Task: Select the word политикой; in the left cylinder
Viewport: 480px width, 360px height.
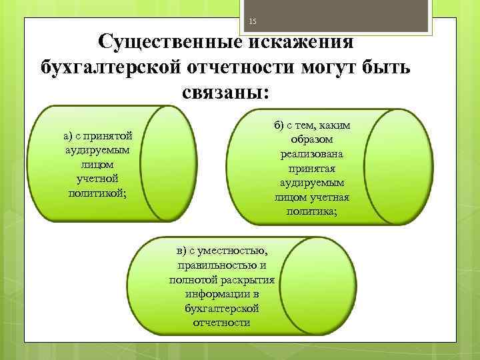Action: coord(97,193)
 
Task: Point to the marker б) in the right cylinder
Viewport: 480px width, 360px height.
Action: coord(279,125)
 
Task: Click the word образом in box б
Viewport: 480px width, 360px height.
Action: coord(311,140)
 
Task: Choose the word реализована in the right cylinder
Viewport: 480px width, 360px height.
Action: coord(311,154)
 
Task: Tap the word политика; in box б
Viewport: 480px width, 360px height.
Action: coord(311,212)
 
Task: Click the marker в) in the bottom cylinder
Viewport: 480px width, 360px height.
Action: coord(183,251)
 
